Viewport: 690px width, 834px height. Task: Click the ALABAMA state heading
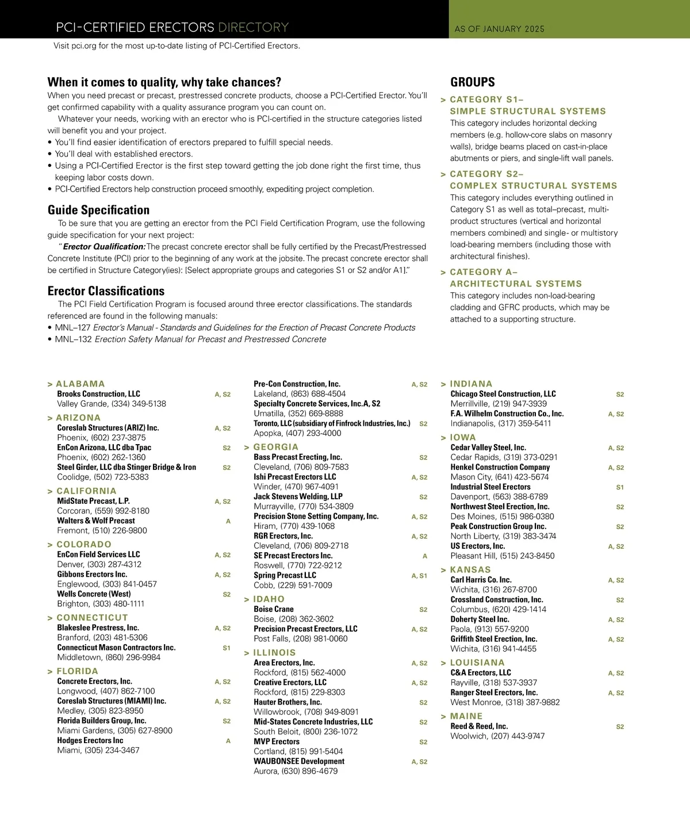coord(80,384)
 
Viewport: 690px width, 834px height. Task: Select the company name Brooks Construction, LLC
coord(98,394)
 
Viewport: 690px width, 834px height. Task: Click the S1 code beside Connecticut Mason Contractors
coord(227,648)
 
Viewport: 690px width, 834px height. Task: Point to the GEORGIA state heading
coord(275,447)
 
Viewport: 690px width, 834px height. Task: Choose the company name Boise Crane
coord(274,609)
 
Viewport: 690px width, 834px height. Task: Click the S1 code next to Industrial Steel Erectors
coord(620,487)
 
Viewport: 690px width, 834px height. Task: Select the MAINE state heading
coord(466,716)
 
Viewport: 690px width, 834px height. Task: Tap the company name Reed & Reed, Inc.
coord(479,726)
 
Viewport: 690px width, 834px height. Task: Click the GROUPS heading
coord(473,82)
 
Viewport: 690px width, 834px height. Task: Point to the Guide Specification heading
coord(98,210)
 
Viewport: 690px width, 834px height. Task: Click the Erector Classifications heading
coord(106,291)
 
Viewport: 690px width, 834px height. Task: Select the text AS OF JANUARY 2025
coord(499,29)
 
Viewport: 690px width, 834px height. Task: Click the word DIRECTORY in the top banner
coord(253,28)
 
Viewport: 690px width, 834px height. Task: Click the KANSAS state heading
coord(470,569)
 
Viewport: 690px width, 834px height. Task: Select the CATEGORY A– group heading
coord(484,272)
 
